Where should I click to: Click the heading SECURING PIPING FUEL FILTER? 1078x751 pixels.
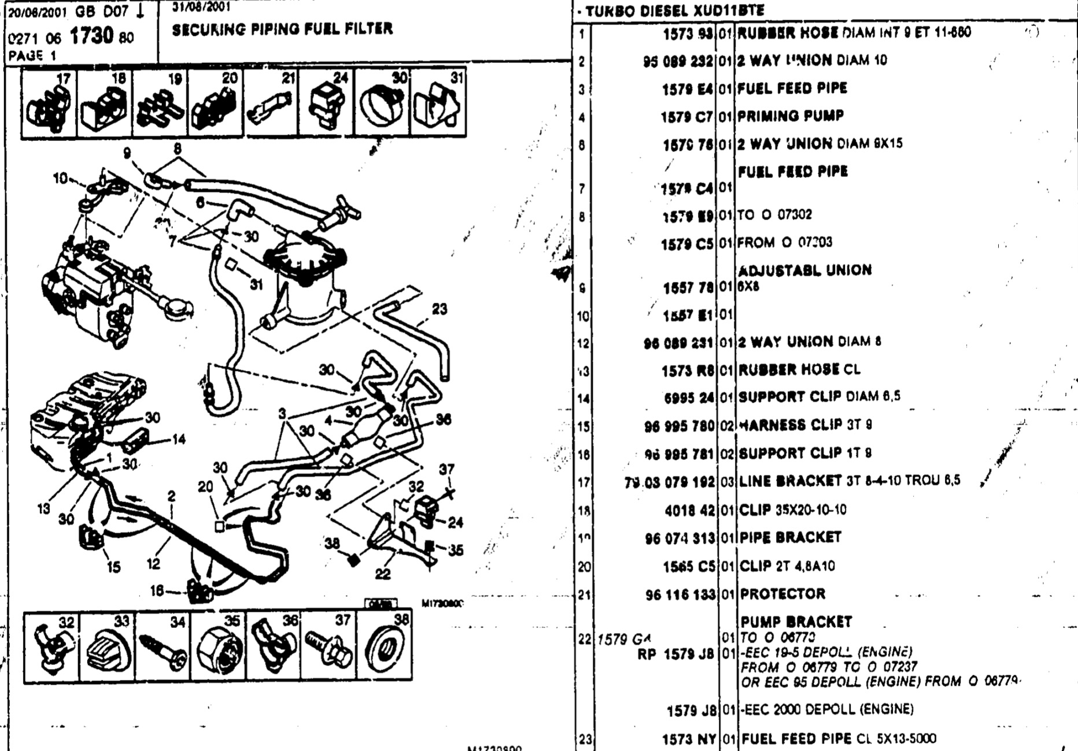[282, 29]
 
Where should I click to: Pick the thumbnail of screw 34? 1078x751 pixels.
[163, 647]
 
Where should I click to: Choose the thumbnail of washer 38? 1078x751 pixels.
[384, 647]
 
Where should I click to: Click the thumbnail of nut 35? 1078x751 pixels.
[219, 647]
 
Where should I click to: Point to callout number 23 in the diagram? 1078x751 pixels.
[440, 309]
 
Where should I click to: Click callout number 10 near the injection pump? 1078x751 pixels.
[60, 179]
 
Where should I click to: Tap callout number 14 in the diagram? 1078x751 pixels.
[179, 440]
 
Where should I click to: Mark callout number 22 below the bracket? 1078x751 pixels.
[383, 574]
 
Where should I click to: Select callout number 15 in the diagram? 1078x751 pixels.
[113, 567]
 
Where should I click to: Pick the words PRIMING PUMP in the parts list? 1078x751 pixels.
[791, 116]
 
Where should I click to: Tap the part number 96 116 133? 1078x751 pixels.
[680, 594]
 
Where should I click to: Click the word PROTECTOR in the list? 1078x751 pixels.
[782, 594]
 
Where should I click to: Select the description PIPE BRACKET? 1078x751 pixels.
[790, 537]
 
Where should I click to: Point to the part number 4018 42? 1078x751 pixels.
[689, 510]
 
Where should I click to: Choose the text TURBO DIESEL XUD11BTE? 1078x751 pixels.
[674, 10]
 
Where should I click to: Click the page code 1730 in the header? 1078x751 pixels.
[91, 36]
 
